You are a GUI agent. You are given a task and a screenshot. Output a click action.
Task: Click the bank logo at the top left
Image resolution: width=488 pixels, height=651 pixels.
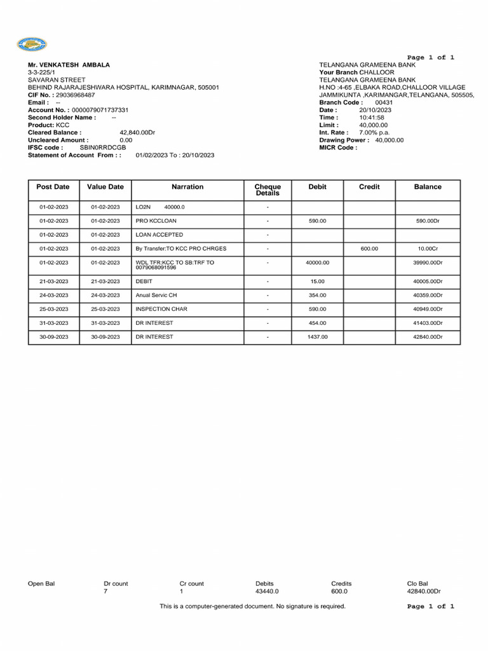(x=32, y=45)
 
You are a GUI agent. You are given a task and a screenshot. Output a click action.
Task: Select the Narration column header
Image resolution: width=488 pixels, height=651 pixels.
(x=187, y=187)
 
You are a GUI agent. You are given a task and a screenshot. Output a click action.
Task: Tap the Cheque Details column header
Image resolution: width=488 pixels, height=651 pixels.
(x=268, y=189)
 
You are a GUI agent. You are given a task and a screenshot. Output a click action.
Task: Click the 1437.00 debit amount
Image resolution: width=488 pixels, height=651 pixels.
(x=317, y=337)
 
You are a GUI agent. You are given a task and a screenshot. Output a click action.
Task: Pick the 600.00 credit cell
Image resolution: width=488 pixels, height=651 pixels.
(x=369, y=249)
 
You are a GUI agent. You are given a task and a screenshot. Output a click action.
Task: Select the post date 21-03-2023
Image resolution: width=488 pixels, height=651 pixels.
(x=53, y=281)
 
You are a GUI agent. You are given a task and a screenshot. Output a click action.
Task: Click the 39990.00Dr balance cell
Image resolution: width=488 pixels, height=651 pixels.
(x=427, y=263)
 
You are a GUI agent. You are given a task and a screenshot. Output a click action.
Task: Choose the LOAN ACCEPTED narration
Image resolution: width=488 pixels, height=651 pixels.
(x=159, y=235)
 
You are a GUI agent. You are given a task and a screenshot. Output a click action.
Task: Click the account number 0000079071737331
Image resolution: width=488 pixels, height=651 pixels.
(x=100, y=110)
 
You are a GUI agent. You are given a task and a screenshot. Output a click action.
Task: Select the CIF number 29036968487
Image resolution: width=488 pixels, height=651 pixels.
(x=76, y=95)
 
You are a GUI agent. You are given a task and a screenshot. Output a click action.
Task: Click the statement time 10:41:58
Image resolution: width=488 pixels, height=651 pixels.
(x=372, y=118)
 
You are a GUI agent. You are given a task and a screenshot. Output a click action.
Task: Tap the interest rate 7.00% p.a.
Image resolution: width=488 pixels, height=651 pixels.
(x=374, y=132)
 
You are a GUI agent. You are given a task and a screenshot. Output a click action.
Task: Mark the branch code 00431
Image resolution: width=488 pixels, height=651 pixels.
(x=384, y=102)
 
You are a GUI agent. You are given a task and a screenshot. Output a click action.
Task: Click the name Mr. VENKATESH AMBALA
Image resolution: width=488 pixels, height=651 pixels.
(x=69, y=65)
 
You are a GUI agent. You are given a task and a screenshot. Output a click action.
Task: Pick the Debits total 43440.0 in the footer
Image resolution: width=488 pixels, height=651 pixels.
(x=267, y=591)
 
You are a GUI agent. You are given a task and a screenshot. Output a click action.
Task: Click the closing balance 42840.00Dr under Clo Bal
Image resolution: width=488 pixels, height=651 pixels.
(x=424, y=591)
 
